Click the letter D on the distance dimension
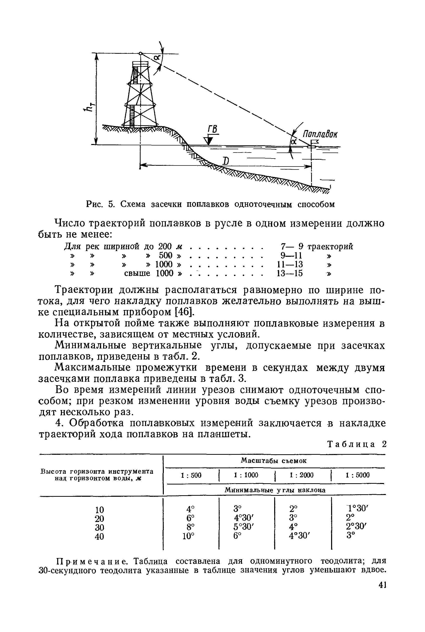[x=225, y=162]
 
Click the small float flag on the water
[x=314, y=143]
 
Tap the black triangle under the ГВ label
[x=209, y=140]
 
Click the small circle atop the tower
[x=141, y=53]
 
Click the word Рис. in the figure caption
[x=95, y=204]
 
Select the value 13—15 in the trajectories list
[x=289, y=273]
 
